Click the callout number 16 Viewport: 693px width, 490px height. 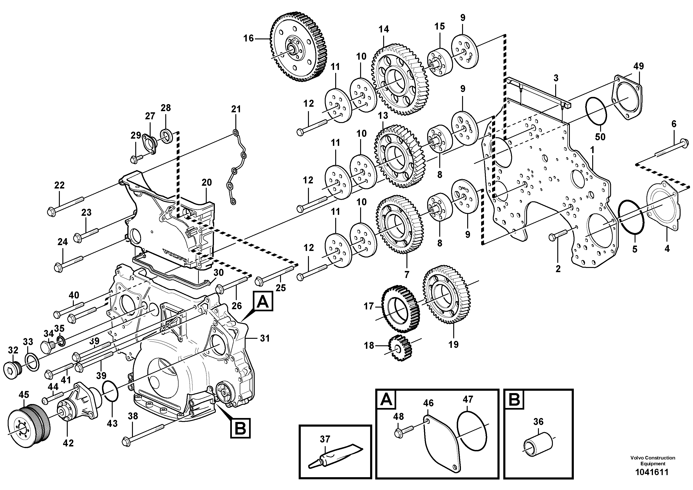click(x=249, y=39)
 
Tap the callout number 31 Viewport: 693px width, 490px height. click(x=265, y=338)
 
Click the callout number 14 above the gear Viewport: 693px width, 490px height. click(x=384, y=29)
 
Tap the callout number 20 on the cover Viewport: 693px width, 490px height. click(x=207, y=182)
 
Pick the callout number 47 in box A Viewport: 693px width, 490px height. click(x=468, y=400)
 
